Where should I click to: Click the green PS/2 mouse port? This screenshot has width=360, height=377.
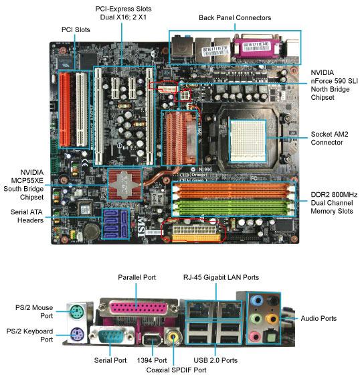[x=77, y=311]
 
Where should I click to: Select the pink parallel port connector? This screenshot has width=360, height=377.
[x=139, y=309]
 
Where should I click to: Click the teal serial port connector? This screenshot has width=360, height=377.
[x=112, y=335]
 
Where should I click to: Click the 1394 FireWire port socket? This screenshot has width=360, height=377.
[x=151, y=340]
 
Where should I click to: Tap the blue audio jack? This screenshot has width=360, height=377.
[x=256, y=300]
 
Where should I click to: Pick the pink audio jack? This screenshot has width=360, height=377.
[x=255, y=337]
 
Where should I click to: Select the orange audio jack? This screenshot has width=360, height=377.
[x=272, y=319]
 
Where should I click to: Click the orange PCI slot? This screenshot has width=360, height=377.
[x=64, y=109]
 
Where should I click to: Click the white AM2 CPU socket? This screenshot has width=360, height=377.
[x=248, y=141]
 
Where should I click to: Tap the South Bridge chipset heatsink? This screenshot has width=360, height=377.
[x=124, y=184]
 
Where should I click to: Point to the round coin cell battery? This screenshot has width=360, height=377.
[x=92, y=231]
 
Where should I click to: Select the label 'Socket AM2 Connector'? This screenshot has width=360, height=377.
[x=329, y=138]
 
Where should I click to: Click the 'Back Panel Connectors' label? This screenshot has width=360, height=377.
[x=235, y=18]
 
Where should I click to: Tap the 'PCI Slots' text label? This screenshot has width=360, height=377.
[x=76, y=30]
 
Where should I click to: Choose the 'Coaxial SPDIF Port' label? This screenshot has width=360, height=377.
[x=176, y=370]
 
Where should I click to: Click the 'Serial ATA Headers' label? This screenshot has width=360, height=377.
[x=27, y=216]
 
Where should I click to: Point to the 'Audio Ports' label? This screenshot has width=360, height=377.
[x=319, y=318]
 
